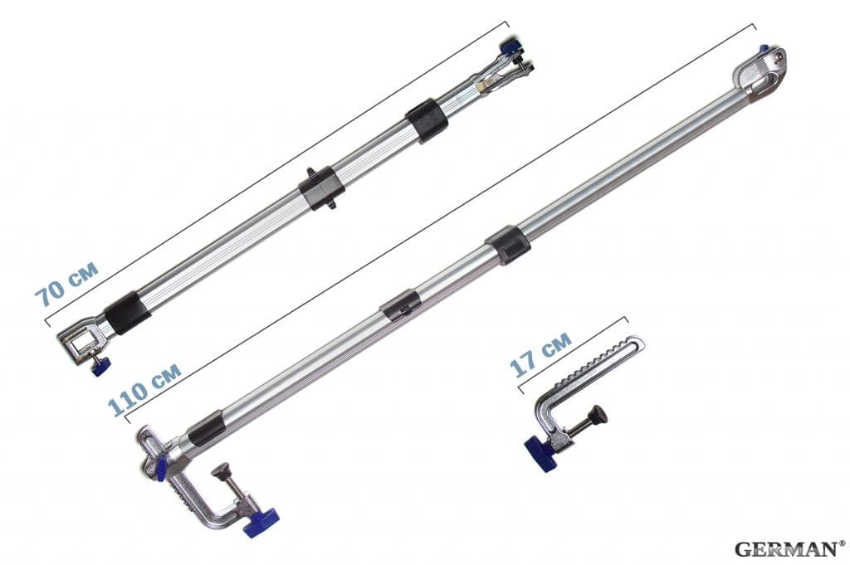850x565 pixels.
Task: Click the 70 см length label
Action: [66, 284]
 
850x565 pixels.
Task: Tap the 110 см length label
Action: [144, 388]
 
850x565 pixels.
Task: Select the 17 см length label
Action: [540, 353]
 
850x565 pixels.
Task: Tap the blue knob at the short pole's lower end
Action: [100, 366]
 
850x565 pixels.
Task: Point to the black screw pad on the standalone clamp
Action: [598, 415]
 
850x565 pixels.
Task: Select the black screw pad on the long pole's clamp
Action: [221, 470]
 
